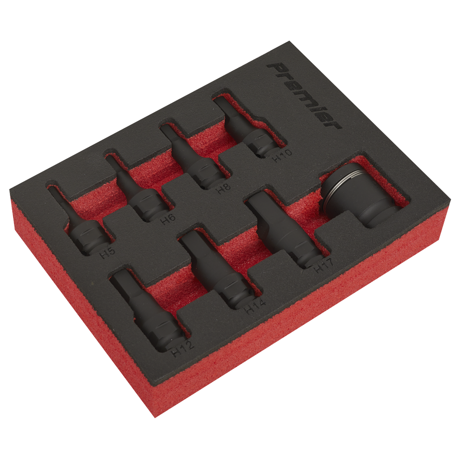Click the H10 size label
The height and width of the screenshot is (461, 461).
[282, 156]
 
